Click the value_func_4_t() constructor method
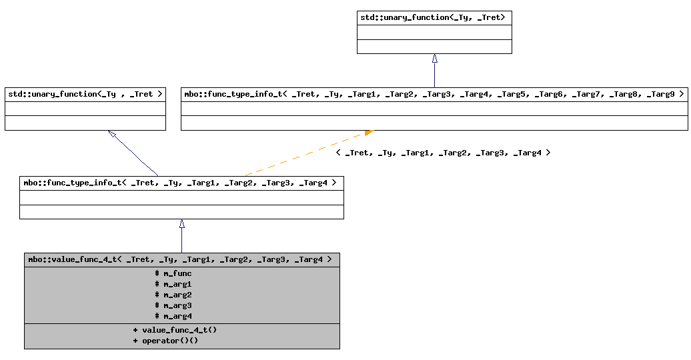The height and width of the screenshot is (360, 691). (x=175, y=330)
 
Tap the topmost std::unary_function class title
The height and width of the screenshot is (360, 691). (x=434, y=17)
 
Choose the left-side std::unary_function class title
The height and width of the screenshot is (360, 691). (x=85, y=94)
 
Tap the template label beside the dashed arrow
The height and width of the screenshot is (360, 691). (x=443, y=153)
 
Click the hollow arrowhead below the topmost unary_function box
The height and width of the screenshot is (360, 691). (x=434, y=59)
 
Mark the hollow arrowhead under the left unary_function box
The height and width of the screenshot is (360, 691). (x=113, y=135)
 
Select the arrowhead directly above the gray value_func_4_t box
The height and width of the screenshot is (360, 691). (x=181, y=224)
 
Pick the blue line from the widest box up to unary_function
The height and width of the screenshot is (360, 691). (x=434, y=75)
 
